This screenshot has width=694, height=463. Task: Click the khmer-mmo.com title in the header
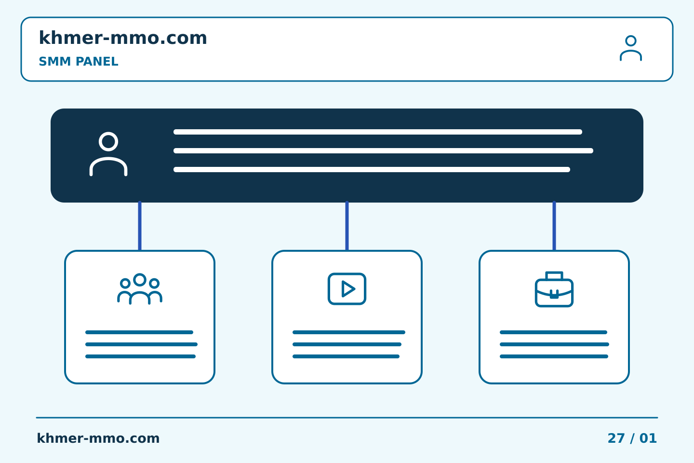pos(123,38)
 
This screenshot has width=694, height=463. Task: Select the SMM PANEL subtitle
pos(79,61)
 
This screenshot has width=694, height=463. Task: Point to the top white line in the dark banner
pos(378,132)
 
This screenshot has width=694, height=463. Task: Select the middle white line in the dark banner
pos(383,150)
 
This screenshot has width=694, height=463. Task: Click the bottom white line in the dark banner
pos(372,169)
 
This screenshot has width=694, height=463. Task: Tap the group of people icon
pos(140,289)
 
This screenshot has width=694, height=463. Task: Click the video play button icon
pos(347,289)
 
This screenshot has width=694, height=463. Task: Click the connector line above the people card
pos(140,226)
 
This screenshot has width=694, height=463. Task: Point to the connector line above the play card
pos(347,226)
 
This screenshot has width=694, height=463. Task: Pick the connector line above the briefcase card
pos(554,226)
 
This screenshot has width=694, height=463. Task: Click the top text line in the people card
pos(139,332)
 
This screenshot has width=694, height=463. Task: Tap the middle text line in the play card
pos(347,344)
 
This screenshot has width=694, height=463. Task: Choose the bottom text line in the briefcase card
pos(554,356)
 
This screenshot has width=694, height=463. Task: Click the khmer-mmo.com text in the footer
pos(98,438)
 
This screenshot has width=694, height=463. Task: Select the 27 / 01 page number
pos(632,438)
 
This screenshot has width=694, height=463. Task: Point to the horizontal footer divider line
pos(347,418)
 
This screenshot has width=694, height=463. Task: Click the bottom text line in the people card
pos(140,356)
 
